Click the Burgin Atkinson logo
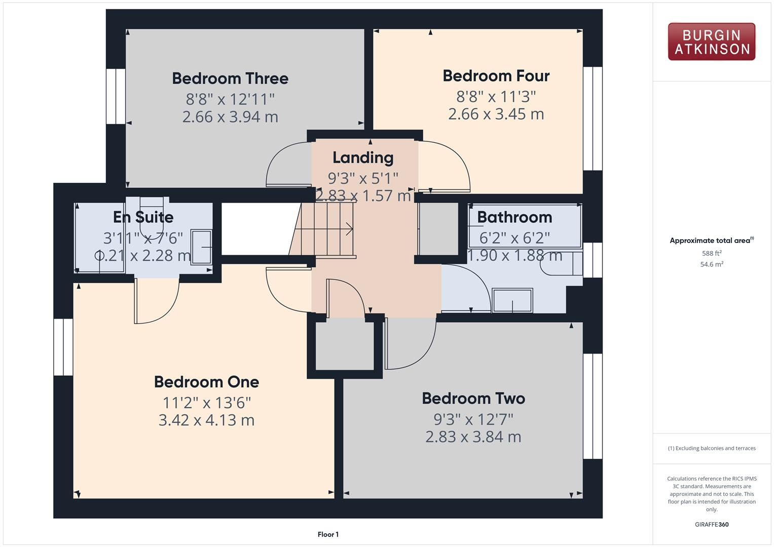[x=711, y=42]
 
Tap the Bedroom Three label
[x=230, y=79]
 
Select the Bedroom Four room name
[x=496, y=76]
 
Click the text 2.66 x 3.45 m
[x=496, y=114]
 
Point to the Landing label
[x=363, y=158]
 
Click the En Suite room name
[x=143, y=217]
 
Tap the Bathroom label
[x=514, y=217]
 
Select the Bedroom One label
[x=206, y=382]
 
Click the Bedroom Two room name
[x=473, y=399]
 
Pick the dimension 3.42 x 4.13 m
[x=206, y=420]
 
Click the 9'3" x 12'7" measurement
[x=473, y=419]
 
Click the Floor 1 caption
[x=328, y=534]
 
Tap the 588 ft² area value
[x=712, y=253]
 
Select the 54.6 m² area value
[x=712, y=264]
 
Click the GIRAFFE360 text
[x=712, y=525]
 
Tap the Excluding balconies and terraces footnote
[x=712, y=448]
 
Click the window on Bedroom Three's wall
[x=116, y=96]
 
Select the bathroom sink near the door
[x=512, y=301]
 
